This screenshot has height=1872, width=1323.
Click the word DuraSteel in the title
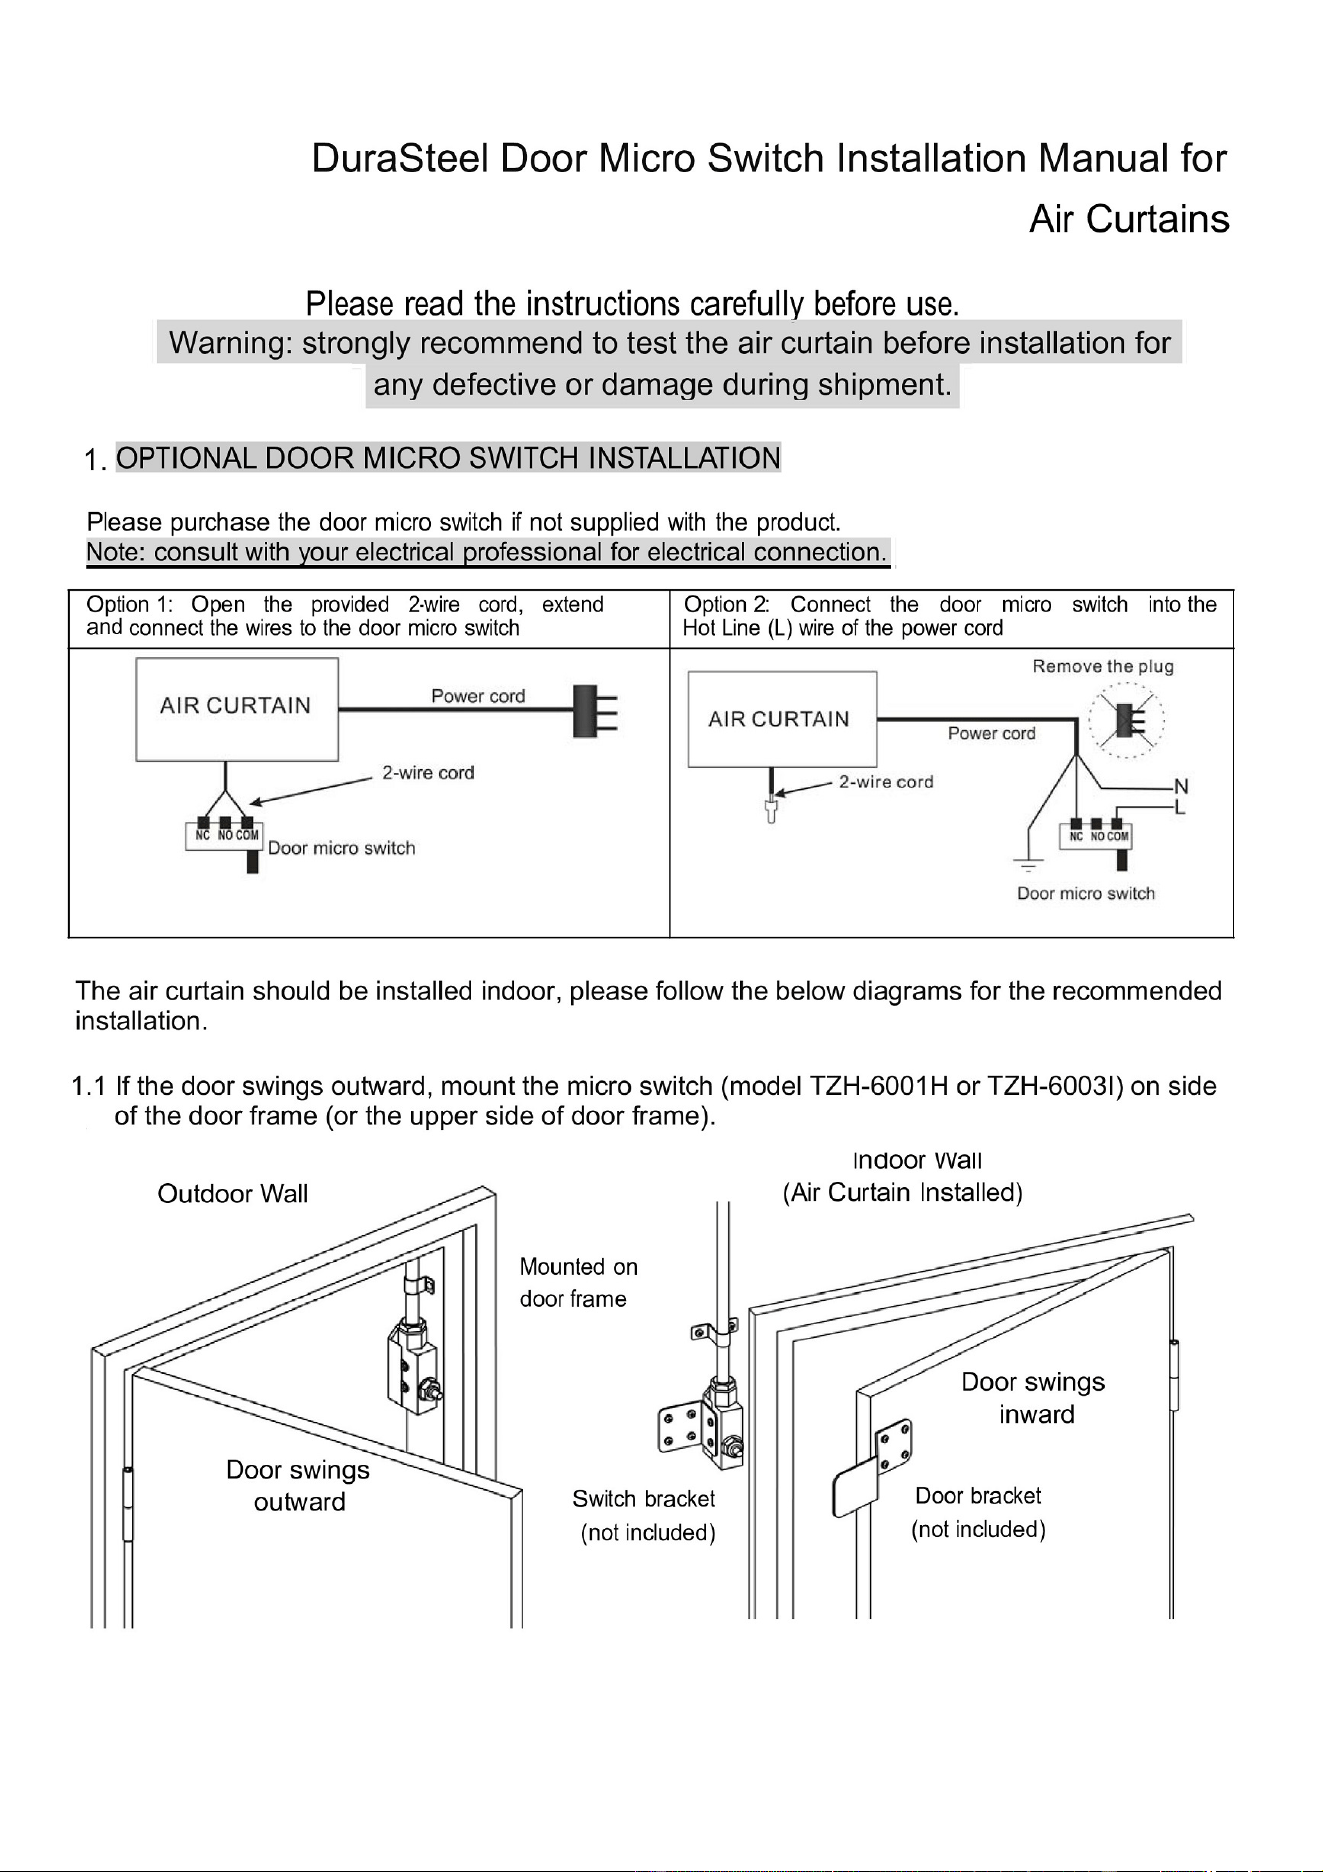click(x=400, y=160)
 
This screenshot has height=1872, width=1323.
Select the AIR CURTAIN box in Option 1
click(x=236, y=709)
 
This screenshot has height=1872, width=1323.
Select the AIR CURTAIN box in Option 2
click(x=782, y=720)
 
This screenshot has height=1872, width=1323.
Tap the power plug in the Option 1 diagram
click(x=595, y=709)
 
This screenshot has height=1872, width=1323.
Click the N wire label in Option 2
click(x=1180, y=786)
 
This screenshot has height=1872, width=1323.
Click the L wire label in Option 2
click(x=1180, y=806)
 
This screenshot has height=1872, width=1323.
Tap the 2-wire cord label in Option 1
click(x=428, y=773)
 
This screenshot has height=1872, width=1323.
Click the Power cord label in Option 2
click(x=992, y=733)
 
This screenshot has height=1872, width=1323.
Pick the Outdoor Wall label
click(x=233, y=1193)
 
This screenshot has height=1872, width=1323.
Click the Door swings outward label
click(x=298, y=1485)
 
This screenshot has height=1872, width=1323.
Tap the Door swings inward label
click(x=1034, y=1398)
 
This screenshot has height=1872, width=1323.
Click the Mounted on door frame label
click(x=578, y=1283)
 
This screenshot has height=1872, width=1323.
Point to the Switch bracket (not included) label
click(x=645, y=1515)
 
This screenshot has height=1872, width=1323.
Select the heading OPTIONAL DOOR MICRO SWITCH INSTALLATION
click(x=448, y=458)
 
